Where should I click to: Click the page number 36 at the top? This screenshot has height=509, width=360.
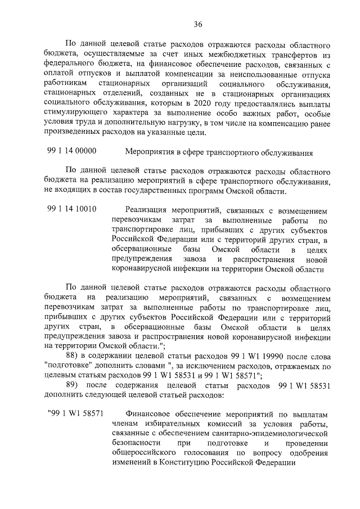click(197, 24)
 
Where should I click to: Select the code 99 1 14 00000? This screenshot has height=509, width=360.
click(72, 151)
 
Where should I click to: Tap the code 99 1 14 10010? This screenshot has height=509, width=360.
click(72, 209)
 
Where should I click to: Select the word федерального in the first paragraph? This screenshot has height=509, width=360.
click(69, 64)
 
